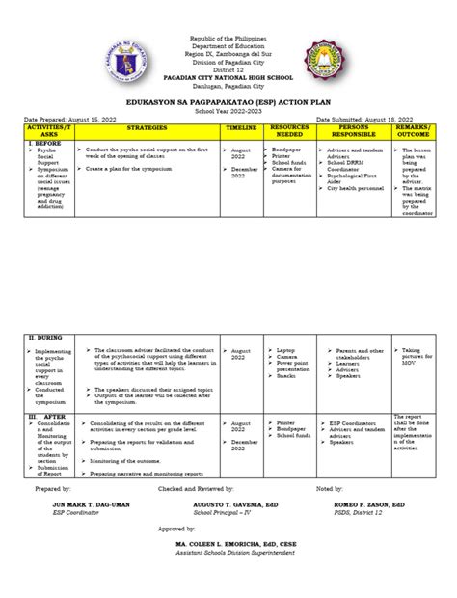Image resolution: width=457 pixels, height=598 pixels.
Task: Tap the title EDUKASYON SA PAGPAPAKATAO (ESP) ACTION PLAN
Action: [228, 97]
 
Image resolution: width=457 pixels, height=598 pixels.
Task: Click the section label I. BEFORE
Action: [43, 142]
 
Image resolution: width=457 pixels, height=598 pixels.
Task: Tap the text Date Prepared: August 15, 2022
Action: [76, 117]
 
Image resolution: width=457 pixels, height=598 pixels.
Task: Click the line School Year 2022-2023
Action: [228, 106]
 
